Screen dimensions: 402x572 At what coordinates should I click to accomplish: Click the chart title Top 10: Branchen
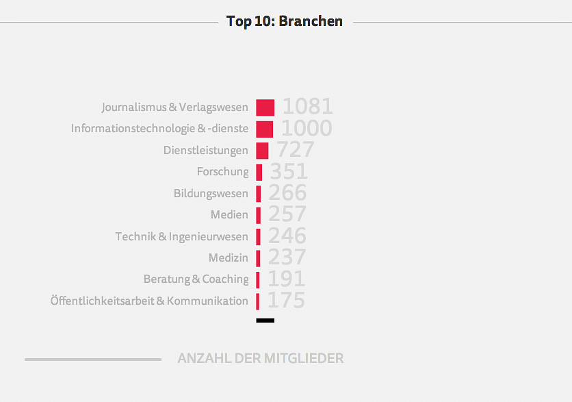click(285, 21)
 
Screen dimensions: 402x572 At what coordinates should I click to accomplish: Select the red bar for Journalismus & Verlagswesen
click(265, 108)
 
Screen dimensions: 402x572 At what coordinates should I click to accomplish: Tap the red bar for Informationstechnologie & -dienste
click(264, 129)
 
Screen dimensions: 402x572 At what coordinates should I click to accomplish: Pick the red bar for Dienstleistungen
click(262, 150)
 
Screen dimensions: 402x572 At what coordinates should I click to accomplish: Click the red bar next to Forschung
click(259, 172)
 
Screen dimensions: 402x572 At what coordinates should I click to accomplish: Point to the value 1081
click(307, 107)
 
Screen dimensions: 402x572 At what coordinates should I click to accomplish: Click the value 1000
click(307, 128)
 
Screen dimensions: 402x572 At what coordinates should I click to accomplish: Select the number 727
click(295, 150)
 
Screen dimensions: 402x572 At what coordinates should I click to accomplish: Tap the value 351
click(289, 171)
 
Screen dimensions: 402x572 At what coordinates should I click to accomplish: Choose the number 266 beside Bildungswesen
click(287, 193)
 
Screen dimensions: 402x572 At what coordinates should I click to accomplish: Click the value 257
click(287, 214)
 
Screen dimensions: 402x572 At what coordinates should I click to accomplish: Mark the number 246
click(287, 236)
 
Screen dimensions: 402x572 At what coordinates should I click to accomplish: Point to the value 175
click(286, 301)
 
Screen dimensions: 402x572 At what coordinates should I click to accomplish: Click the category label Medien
click(229, 215)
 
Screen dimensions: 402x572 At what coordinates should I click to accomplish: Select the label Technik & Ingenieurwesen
click(181, 236)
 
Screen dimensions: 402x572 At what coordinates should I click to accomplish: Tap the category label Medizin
click(229, 258)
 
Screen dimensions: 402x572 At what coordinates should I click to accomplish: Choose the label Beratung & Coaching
click(196, 279)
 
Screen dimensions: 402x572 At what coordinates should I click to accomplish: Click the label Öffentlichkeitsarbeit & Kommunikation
click(149, 301)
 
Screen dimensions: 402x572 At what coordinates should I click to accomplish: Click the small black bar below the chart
click(265, 321)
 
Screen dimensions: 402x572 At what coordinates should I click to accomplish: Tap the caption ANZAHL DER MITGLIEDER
click(260, 358)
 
